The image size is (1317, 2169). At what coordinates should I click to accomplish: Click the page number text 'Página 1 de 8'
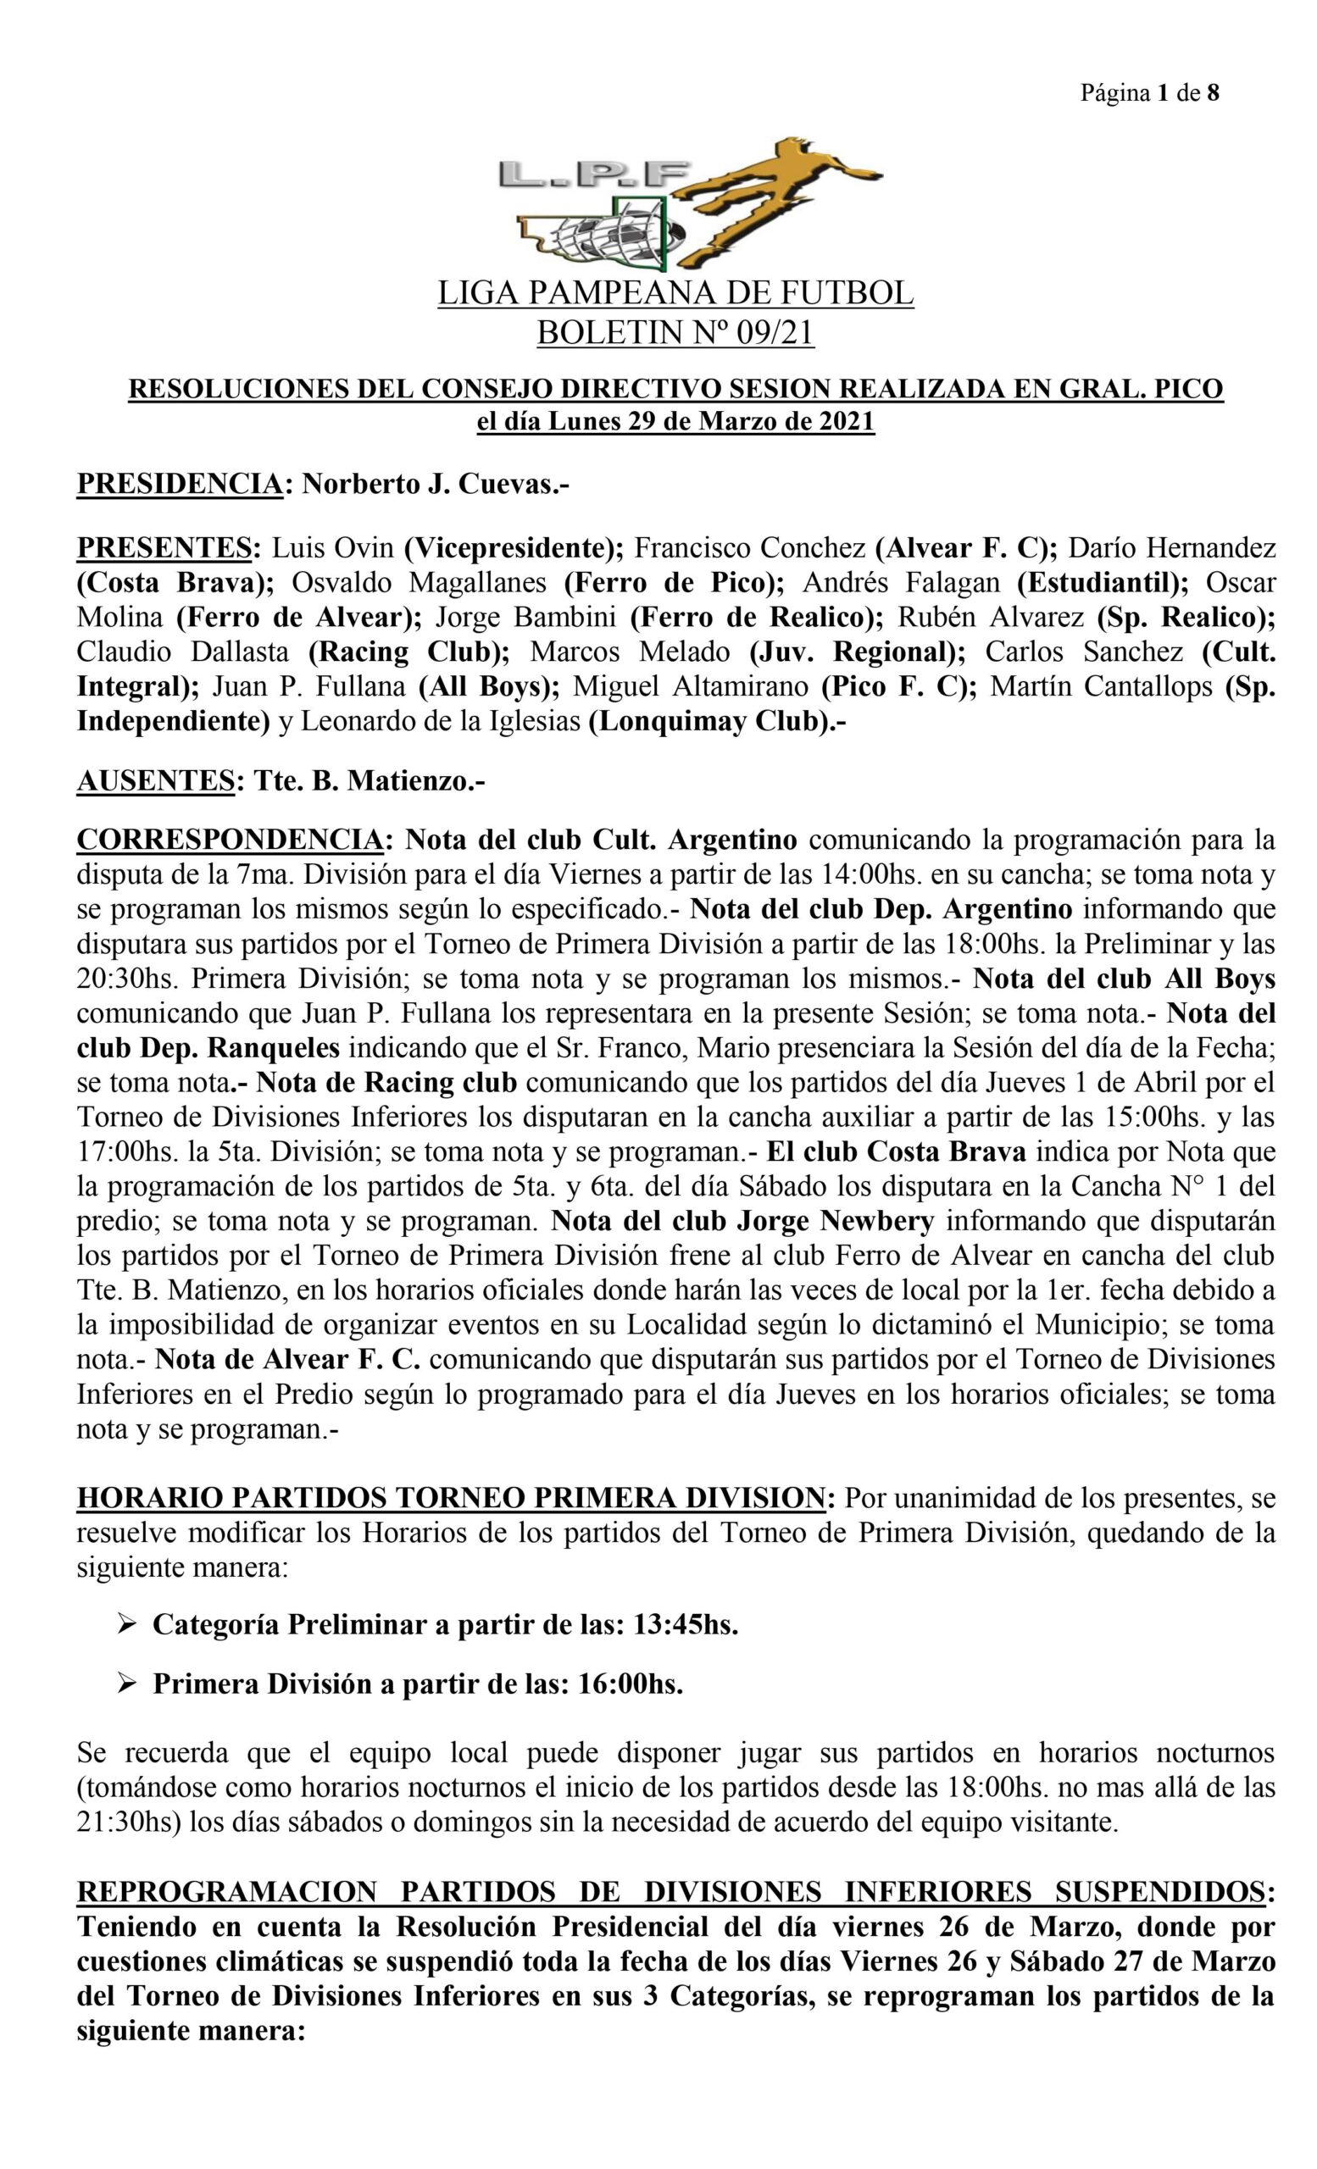[x=1149, y=93]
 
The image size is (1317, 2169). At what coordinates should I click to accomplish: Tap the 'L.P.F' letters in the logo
[x=593, y=175]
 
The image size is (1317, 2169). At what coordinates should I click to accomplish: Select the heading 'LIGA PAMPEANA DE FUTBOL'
[x=675, y=293]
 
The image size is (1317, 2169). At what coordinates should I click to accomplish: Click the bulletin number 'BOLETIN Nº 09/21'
[x=675, y=333]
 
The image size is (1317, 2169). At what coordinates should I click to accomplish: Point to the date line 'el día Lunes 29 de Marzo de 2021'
[x=675, y=422]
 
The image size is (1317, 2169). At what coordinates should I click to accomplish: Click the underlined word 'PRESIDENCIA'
[x=180, y=484]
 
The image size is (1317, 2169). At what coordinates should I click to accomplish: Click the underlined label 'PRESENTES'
[x=164, y=548]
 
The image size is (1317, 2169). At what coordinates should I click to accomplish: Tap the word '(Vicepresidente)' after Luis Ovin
[x=514, y=548]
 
